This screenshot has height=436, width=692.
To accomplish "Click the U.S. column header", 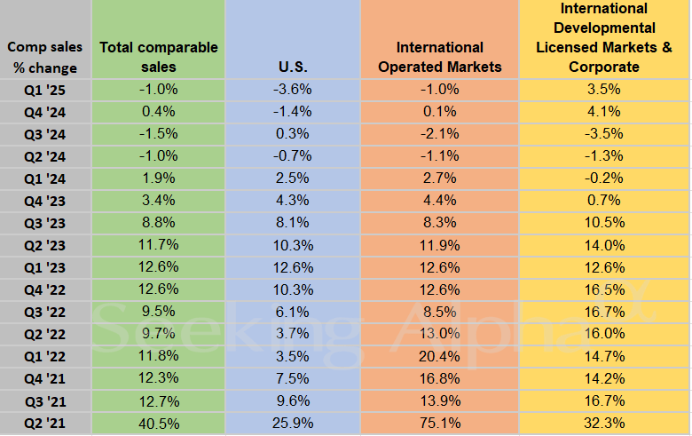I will pyautogui.click(x=293, y=67).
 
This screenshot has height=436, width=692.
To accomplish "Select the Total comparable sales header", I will pyautogui.click(x=159, y=57).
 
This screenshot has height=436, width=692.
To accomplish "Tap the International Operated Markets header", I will pyautogui.click(x=440, y=57).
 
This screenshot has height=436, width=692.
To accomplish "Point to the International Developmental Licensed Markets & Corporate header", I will pyautogui.click(x=604, y=37).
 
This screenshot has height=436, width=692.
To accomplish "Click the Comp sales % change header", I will pyautogui.click(x=44, y=57).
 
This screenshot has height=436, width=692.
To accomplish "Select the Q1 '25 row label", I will pyautogui.click(x=45, y=89).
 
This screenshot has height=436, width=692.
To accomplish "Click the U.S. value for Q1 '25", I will pyautogui.click(x=293, y=89).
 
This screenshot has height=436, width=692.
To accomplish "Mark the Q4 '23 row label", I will pyautogui.click(x=45, y=201).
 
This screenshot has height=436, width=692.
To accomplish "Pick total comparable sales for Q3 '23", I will pyautogui.click(x=159, y=223).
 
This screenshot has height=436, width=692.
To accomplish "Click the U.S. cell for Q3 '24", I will pyautogui.click(x=293, y=133).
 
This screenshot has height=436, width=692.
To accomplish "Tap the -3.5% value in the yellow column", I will pyautogui.click(x=604, y=133).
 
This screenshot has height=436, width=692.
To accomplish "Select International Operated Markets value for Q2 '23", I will pyautogui.click(x=440, y=245).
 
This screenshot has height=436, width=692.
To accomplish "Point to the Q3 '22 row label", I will pyautogui.click(x=45, y=312).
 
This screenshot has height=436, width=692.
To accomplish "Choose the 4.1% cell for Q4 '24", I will pyautogui.click(x=604, y=111).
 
